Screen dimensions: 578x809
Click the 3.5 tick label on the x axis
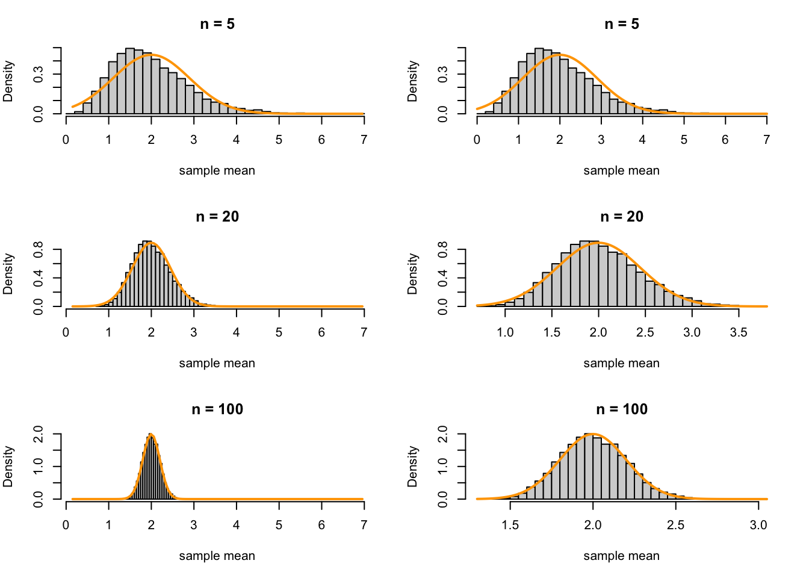click(x=739, y=332)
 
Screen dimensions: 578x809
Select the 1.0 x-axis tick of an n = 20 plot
click(x=505, y=332)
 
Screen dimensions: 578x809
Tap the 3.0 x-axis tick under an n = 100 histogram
click(x=758, y=525)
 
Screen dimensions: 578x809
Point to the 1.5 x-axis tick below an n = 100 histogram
click(x=510, y=525)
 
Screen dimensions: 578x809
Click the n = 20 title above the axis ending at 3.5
click(x=622, y=217)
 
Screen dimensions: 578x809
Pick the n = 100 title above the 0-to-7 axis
click(x=217, y=409)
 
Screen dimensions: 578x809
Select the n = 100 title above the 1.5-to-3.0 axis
click(x=622, y=409)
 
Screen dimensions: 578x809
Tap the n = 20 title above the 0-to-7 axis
click(x=217, y=217)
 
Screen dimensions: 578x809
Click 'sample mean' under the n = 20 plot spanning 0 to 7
click(x=217, y=363)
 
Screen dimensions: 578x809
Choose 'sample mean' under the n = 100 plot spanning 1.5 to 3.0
click(x=622, y=556)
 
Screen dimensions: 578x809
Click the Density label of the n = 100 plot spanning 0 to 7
click(x=8, y=467)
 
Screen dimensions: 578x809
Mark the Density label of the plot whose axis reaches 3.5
click(x=413, y=274)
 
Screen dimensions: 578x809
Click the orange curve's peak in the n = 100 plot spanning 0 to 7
click(x=151, y=434)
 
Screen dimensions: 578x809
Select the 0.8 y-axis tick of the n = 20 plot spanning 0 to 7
click(x=39, y=249)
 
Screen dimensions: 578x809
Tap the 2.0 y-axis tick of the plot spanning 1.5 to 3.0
click(x=443, y=433)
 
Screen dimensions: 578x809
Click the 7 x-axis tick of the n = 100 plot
click(x=364, y=525)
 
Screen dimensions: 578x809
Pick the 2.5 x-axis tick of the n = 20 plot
click(x=645, y=332)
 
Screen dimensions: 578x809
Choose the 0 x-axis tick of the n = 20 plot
click(x=66, y=332)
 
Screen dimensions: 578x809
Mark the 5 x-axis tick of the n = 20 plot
click(x=279, y=332)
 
